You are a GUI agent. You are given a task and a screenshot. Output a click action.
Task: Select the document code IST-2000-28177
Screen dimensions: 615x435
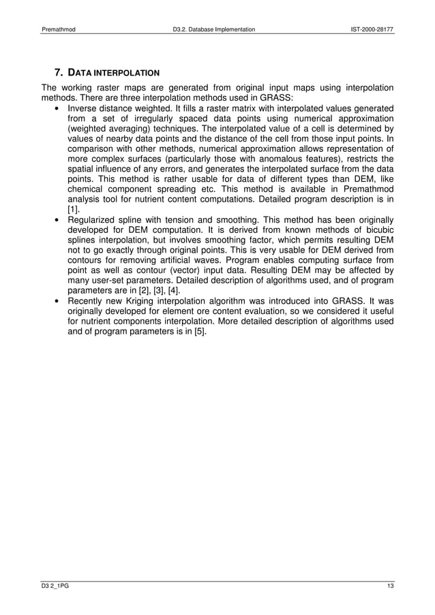click(370, 30)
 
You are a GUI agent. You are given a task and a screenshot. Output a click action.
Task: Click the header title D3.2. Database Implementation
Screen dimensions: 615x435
click(213, 30)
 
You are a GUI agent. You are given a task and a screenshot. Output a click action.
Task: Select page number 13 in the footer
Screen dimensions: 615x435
click(389, 588)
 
